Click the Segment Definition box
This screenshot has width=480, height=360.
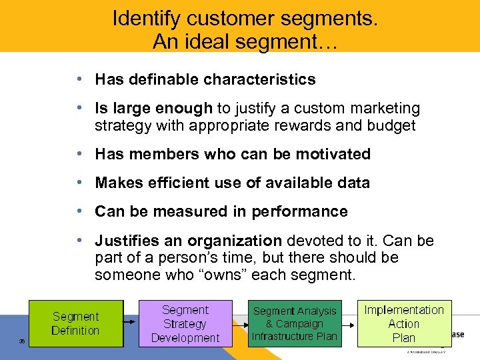(x=75, y=323)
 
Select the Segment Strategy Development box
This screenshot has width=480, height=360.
(x=185, y=323)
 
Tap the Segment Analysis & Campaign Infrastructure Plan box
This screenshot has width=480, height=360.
(x=294, y=323)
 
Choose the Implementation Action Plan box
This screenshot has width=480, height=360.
(x=403, y=323)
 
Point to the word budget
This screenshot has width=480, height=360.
(x=392, y=125)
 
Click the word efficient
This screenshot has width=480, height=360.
(x=182, y=183)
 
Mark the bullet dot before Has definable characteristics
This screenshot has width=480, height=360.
(x=79, y=79)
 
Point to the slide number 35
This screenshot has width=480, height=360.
(x=22, y=341)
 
